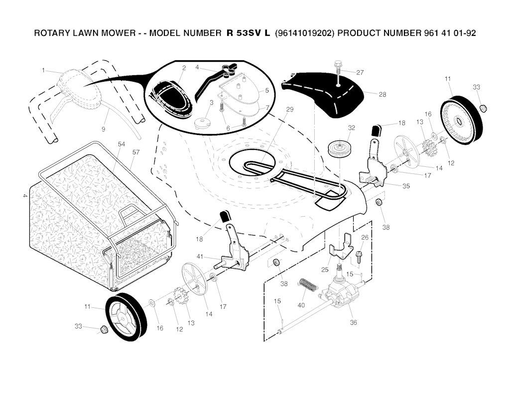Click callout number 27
[x=360, y=73]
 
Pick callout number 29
[x=290, y=109]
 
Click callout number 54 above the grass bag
[x=121, y=144]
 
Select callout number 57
[x=135, y=151]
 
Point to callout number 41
[x=199, y=256]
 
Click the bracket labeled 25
[x=341, y=251]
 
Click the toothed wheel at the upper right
[x=463, y=121]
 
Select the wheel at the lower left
[x=126, y=318]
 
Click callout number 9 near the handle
[x=104, y=129]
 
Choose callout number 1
[x=44, y=70]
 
